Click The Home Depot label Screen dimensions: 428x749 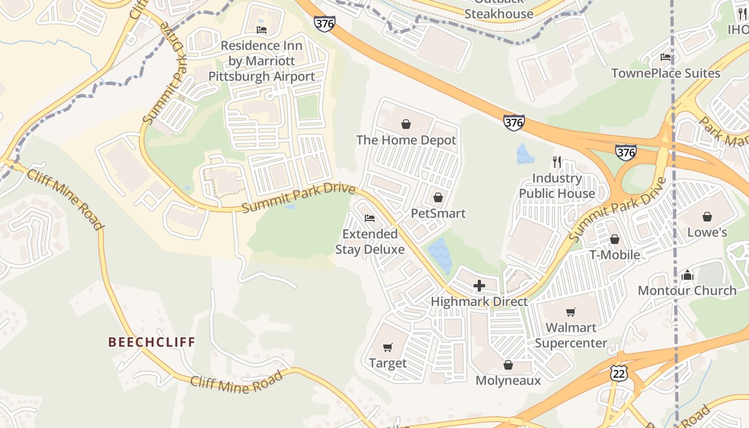click(406, 140)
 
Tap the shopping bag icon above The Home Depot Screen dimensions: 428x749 click(406, 125)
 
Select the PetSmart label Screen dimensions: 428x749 click(438, 213)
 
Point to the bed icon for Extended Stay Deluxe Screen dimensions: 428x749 click(369, 218)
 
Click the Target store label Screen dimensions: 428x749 click(388, 363)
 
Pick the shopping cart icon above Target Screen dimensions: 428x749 click(388, 348)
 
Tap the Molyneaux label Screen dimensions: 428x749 click(508, 380)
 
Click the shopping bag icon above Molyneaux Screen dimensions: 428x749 click(508, 365)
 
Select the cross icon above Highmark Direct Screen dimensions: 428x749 click(479, 286)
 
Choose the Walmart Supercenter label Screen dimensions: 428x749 click(571, 335)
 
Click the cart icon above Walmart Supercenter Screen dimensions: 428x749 click(571, 312)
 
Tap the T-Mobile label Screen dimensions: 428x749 click(614, 255)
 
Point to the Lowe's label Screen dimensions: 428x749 click(707, 232)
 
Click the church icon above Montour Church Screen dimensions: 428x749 click(687, 276)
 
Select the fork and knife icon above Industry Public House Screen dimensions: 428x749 click(557, 162)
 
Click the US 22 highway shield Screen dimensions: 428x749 click(619, 373)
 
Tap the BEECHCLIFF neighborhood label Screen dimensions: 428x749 click(152, 342)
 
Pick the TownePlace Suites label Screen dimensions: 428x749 click(666, 73)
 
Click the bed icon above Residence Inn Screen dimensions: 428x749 click(262, 30)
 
